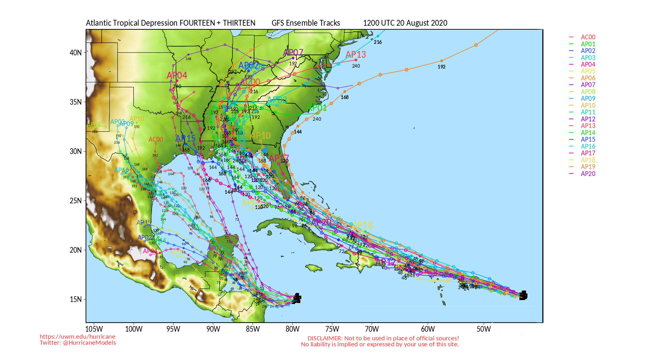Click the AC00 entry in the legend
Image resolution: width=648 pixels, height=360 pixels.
pos(588,37)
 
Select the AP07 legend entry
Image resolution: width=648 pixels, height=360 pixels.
pos(588,85)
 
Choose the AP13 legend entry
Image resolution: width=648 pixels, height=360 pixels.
pos(588,126)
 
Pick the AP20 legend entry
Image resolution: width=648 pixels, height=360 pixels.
pos(588,174)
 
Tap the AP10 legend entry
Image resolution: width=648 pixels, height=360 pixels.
pos(588,105)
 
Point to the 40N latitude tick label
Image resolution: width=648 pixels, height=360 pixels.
pos(76,53)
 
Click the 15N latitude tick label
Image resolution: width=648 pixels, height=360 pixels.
pos(76,299)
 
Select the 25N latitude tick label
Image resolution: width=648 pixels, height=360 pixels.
pos(76,201)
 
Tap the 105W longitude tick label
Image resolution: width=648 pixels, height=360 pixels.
pos(94,329)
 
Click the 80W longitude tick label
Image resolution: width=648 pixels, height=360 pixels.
pos(292,329)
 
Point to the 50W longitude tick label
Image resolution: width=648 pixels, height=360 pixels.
pos(484,329)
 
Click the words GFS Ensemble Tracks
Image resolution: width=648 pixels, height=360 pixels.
pos(306,23)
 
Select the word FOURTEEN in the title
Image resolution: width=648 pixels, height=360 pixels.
pos(197,23)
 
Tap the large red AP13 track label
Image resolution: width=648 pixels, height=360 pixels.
pos(356,54)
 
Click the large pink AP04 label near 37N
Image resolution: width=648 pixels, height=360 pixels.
pos(177,75)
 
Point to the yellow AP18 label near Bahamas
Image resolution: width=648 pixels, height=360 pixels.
pos(362,225)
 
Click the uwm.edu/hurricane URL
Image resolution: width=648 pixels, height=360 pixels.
pos(77,337)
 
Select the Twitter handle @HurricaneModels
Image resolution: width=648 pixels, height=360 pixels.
pos(89,343)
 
